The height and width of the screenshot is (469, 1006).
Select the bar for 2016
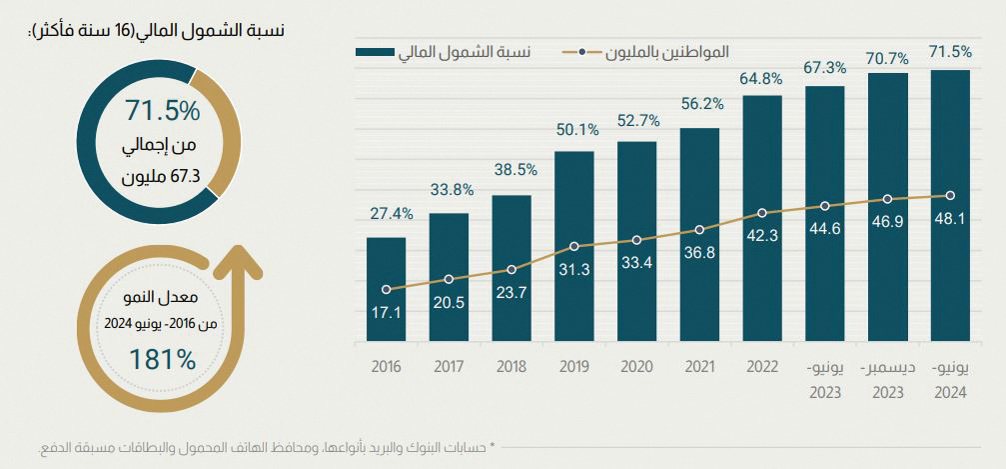386,290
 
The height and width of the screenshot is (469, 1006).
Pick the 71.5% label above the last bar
950,51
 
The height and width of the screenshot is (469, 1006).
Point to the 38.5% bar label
510,170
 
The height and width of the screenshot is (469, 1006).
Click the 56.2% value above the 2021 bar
699,103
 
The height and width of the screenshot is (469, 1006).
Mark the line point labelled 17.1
386,289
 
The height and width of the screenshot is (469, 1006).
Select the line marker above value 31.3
574,246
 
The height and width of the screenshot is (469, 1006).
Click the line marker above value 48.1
950,195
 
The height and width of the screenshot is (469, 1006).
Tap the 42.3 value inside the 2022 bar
762,236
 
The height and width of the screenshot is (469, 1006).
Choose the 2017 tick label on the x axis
449,367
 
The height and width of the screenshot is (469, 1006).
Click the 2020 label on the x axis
636,367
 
